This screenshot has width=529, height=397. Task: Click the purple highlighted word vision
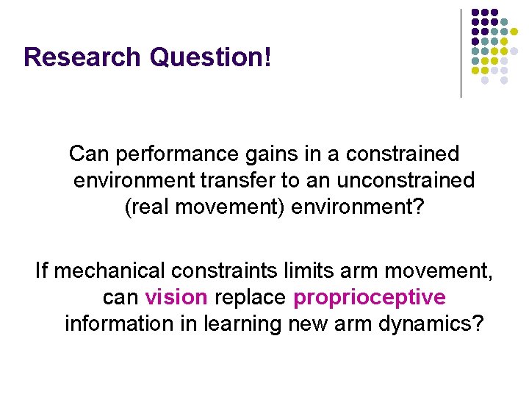coord(176,298)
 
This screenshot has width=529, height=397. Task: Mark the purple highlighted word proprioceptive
coord(369,298)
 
